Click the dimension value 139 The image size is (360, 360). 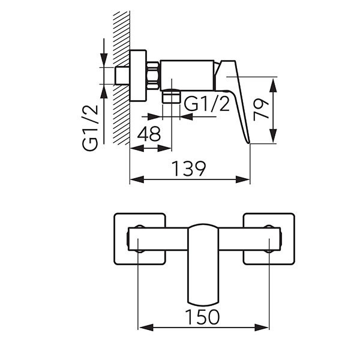[x=189, y=169]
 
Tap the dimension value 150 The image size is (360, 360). [x=202, y=317]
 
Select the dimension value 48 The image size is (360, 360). [x=149, y=134]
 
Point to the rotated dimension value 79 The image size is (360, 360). [x=261, y=110]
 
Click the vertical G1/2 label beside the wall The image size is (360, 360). [x=90, y=128]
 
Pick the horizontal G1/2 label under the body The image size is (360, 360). [x=206, y=104]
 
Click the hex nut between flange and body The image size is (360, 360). [x=153, y=76]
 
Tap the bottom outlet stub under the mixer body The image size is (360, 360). [x=171, y=96]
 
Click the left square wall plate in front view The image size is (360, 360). [x=140, y=239]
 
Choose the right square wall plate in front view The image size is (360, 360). [x=269, y=239]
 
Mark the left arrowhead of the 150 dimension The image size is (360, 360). [x=146, y=327]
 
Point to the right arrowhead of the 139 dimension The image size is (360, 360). [x=243, y=179]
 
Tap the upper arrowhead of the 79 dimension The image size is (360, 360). [x=273, y=85]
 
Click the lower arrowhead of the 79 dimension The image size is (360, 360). [x=273, y=136]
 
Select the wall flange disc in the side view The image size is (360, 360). [x=138, y=76]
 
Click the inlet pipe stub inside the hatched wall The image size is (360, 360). [x=122, y=76]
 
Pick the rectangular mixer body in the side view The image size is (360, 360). [x=187, y=76]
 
